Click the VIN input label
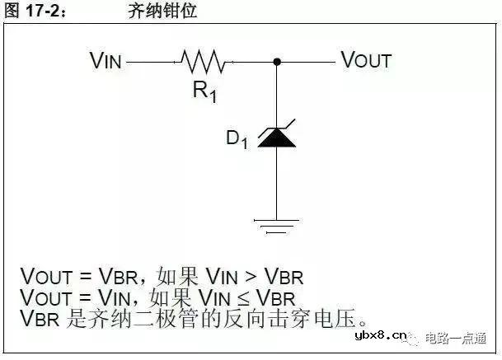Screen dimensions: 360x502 (106, 60)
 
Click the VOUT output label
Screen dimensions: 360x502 (366, 60)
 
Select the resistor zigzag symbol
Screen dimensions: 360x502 (202, 61)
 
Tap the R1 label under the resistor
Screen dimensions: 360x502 (205, 91)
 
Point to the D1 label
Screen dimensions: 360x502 (237, 139)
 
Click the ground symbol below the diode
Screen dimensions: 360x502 (276, 222)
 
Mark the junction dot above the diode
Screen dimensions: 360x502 (277, 61)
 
